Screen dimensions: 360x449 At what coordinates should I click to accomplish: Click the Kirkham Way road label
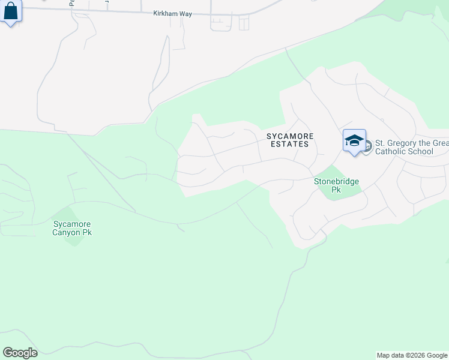[x=172, y=13]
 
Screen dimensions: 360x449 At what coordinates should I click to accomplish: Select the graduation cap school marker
[x=354, y=141]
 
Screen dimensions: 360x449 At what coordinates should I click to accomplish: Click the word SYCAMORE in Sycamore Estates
[x=290, y=136]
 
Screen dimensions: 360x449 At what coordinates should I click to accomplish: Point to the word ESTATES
[x=290, y=144]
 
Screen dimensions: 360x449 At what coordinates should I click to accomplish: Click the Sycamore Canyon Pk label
[x=72, y=228]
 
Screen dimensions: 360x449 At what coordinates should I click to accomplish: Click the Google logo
[x=20, y=353]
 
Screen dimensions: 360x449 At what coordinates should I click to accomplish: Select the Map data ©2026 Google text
[x=412, y=355]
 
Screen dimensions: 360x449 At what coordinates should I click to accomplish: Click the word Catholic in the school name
[x=391, y=152]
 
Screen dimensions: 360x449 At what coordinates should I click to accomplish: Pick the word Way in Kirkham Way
[x=185, y=13]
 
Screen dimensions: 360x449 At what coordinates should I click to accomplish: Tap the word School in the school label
[x=421, y=152]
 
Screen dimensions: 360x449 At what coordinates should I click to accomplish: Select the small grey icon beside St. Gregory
[x=367, y=145]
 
